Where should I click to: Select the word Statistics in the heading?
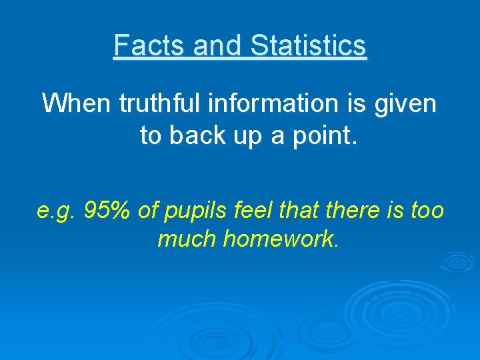[x=309, y=45]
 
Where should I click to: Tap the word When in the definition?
[x=77, y=103]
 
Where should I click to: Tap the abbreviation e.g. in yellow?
[x=57, y=211]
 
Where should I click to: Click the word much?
[x=186, y=238]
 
